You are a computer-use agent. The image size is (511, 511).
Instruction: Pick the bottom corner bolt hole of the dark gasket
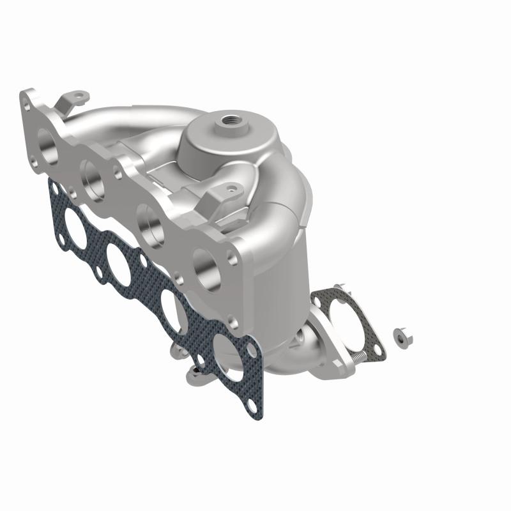(254, 406)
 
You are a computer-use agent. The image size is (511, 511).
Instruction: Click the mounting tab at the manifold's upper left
(74, 97)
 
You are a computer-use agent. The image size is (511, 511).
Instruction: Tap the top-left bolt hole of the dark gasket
(53, 186)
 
